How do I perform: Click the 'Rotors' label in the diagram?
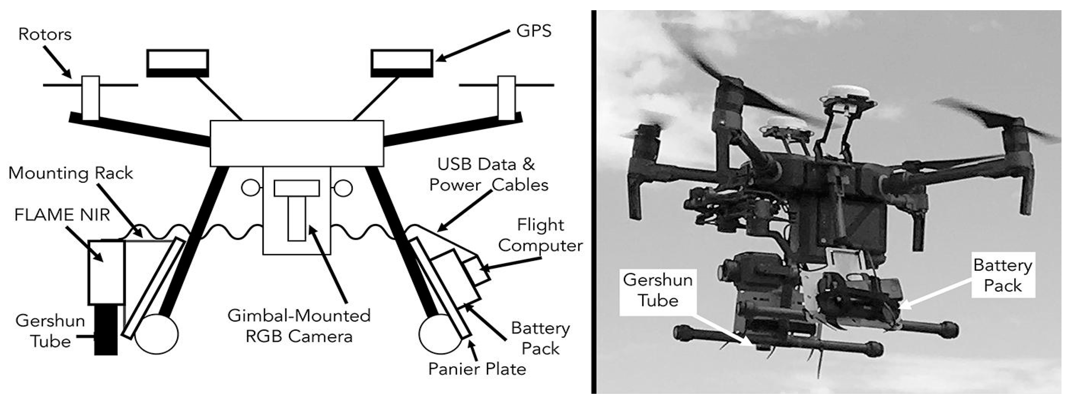click(45, 34)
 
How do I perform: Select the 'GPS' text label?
click(534, 31)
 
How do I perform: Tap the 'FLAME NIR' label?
click(62, 215)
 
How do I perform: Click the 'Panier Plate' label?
click(477, 369)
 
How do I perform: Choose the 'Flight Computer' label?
click(540, 235)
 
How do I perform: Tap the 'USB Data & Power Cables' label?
click(488, 175)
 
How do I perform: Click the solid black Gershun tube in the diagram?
click(106, 330)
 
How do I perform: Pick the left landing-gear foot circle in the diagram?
click(156, 334)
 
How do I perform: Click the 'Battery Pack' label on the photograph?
click(1002, 275)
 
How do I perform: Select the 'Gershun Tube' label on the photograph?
click(658, 290)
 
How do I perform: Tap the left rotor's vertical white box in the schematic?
click(90, 98)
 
